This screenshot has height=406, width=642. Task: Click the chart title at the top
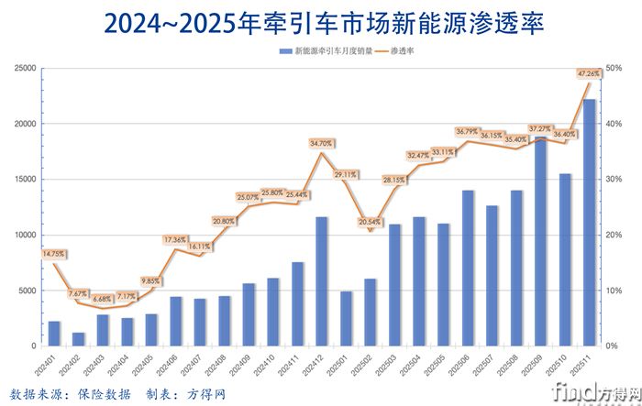(x=321, y=23)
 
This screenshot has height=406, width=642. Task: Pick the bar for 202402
(x=79, y=339)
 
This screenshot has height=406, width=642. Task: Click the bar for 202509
(x=540, y=242)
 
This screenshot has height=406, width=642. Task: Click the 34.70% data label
(x=321, y=143)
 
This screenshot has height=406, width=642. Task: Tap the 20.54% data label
(x=370, y=223)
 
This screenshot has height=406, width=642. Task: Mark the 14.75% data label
(x=54, y=254)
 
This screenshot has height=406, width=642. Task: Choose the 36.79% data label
(x=468, y=131)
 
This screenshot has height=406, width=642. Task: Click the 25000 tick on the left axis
(x=24, y=68)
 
